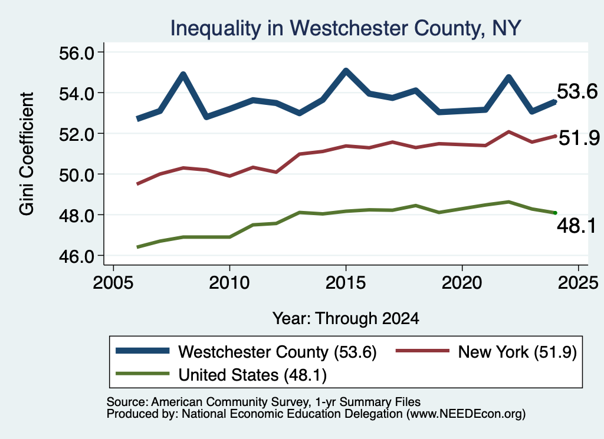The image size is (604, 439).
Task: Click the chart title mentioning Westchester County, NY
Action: tap(346, 28)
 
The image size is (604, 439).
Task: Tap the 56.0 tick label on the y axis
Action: tap(76, 54)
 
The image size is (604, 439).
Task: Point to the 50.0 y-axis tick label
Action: tap(76, 175)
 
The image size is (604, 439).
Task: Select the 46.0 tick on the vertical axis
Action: tap(76, 257)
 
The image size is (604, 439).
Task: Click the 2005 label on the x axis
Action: tap(113, 283)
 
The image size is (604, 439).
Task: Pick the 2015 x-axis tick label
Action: tap(346, 283)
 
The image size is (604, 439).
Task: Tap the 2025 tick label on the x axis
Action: tap(578, 283)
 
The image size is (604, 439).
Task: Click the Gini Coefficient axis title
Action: tap(27, 154)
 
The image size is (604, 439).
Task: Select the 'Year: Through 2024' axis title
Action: tap(346, 319)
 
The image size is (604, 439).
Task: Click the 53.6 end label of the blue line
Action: tap(577, 91)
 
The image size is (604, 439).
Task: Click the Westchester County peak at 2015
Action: tap(346, 71)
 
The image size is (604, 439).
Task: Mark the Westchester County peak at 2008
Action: tap(183, 74)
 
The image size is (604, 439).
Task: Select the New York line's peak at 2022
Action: tap(508, 131)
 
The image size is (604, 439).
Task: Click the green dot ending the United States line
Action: tap(555, 213)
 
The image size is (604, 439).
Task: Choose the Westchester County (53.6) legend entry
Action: tap(247, 352)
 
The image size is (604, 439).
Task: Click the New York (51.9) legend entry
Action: tap(486, 352)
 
